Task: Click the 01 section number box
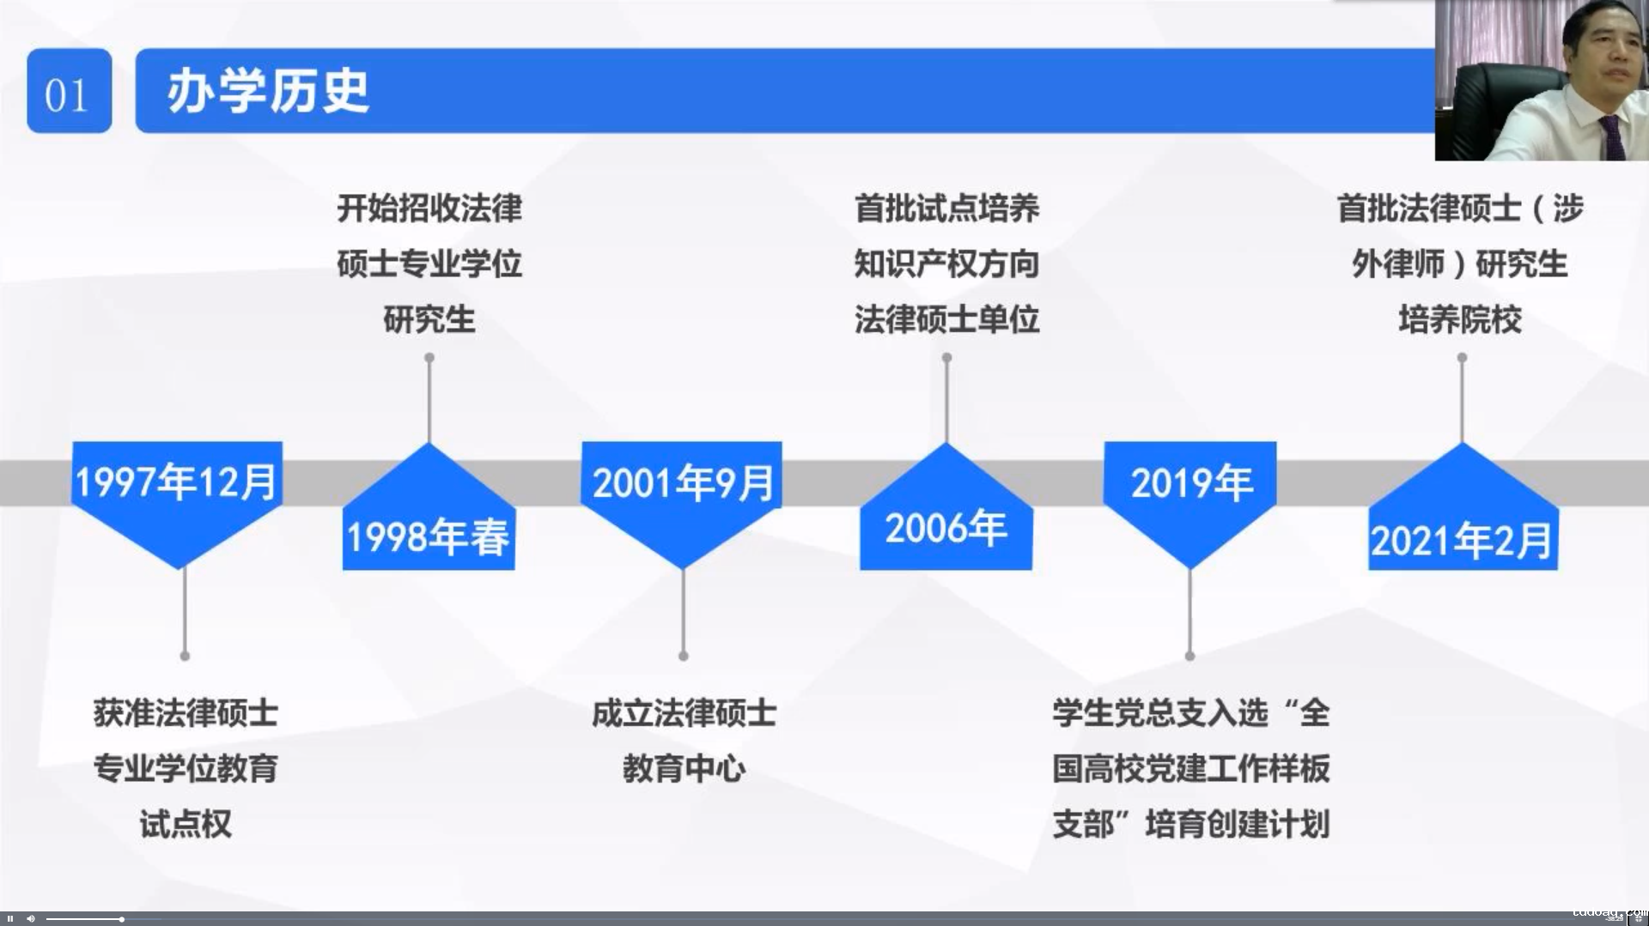[x=69, y=91]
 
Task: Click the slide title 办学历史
[x=268, y=92]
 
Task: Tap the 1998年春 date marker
[x=429, y=506]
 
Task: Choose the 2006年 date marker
[x=946, y=506]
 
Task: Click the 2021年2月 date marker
[x=1463, y=506]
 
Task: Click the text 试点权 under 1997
[x=186, y=824]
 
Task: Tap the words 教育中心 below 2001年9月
[x=684, y=768]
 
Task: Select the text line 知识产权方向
[x=946, y=263]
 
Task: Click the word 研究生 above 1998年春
[x=429, y=319]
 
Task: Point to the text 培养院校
[x=1460, y=319]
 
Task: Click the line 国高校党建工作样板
[x=1190, y=768]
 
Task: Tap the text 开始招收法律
[x=429, y=208]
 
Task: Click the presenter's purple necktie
[x=1613, y=137]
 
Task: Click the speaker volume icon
[x=31, y=919]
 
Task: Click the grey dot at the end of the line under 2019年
[x=1190, y=656]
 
